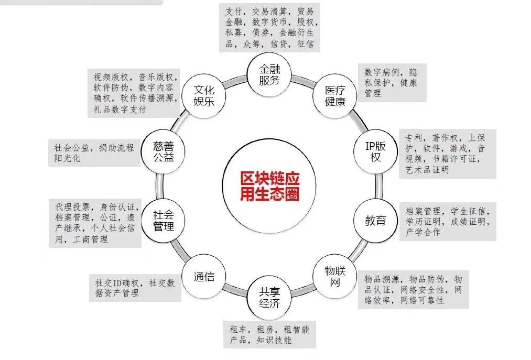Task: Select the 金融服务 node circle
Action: (x=269, y=74)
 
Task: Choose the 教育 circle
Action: (x=375, y=221)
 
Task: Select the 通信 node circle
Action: (x=203, y=277)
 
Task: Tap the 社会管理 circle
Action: (x=163, y=221)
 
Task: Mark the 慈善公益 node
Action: (x=163, y=151)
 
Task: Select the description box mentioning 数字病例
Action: (x=391, y=82)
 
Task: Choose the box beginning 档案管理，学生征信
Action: (x=447, y=222)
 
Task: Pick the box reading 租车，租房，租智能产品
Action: (x=269, y=334)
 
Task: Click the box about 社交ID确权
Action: (x=134, y=288)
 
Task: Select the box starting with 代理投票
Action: (x=95, y=223)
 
